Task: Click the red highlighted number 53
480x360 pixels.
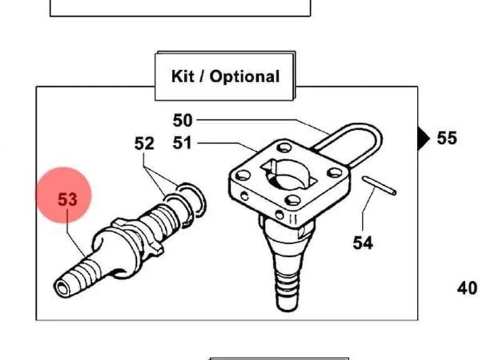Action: [67, 199]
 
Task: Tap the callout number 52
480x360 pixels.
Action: [144, 143]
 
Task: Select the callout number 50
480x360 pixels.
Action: [182, 120]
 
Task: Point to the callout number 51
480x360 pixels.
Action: [182, 143]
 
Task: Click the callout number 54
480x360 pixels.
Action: [362, 242]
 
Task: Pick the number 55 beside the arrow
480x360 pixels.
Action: [447, 137]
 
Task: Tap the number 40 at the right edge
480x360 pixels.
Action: [467, 288]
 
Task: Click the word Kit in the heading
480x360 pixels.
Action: [182, 76]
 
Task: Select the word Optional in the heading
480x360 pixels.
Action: [244, 76]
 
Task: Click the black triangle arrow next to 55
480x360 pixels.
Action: [423, 139]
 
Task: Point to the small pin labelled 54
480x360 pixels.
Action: [379, 186]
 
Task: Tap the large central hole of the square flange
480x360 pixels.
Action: [287, 174]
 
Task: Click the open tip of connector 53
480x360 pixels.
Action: [62, 288]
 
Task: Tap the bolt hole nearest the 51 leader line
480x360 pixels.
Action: [284, 148]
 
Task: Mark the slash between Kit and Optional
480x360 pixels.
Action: [202, 76]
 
